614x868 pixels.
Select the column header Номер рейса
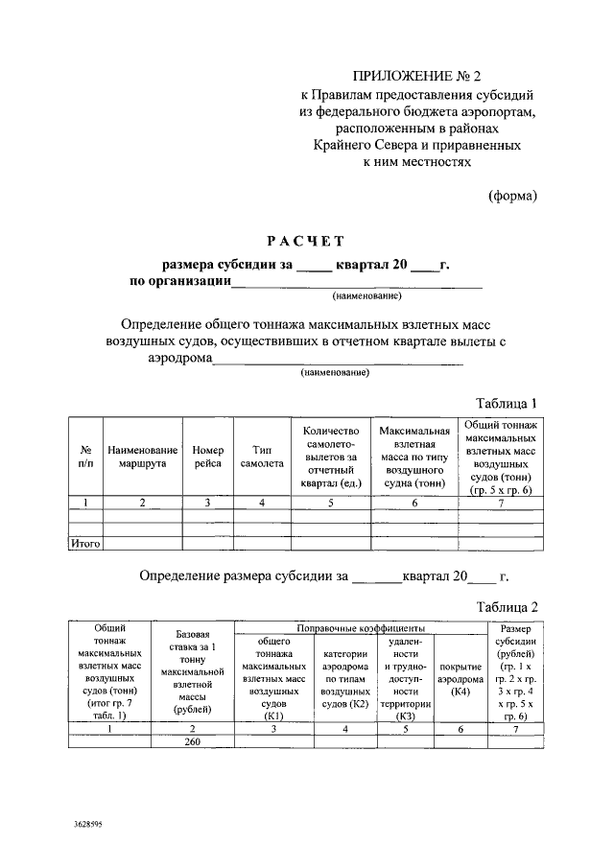(207, 456)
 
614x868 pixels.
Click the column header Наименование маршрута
(143, 456)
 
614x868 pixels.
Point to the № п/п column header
(85, 456)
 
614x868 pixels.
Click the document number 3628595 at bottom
(93, 824)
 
